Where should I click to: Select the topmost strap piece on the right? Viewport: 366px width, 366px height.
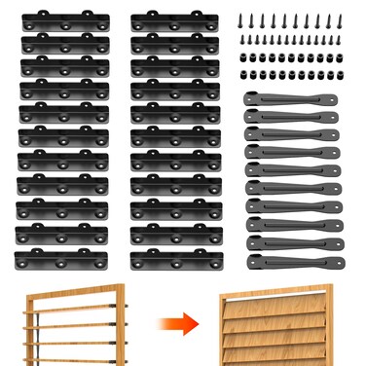(291, 98)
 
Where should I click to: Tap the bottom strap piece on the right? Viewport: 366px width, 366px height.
(291, 261)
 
